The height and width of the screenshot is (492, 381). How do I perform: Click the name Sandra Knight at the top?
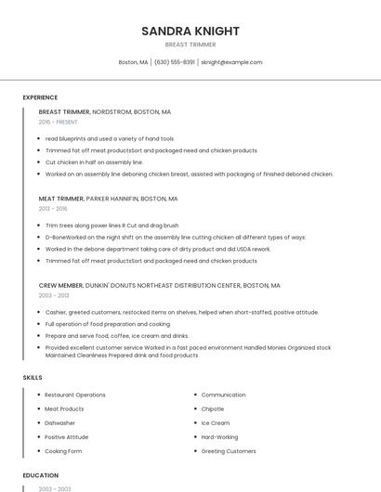tap(190, 31)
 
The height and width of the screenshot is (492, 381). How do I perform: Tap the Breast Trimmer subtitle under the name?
tap(190, 45)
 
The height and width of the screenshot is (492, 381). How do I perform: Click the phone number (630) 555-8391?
tap(174, 62)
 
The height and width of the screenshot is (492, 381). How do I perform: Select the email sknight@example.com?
tap(231, 62)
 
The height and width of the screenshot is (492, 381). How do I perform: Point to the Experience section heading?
tap(40, 97)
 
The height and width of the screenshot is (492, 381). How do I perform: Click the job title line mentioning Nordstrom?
tap(105, 111)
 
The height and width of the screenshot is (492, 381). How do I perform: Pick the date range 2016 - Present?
tap(58, 122)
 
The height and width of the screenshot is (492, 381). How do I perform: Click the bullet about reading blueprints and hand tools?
tap(110, 138)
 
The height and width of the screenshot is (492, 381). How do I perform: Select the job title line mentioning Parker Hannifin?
tap(108, 199)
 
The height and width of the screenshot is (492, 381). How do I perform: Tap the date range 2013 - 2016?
tap(53, 209)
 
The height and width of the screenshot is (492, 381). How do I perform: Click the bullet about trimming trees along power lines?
tap(112, 226)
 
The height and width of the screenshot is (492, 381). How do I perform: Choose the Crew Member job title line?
tap(159, 286)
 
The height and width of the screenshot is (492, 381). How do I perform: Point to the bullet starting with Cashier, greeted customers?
tap(181, 312)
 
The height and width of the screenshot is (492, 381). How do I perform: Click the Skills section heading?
tap(33, 378)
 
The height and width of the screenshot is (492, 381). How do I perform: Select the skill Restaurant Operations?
tap(75, 395)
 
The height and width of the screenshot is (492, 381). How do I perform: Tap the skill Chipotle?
tap(213, 408)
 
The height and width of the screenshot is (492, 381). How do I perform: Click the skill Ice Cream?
tap(215, 422)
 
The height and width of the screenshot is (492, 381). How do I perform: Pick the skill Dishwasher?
tap(60, 422)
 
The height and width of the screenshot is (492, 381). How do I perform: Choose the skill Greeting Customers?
tap(229, 451)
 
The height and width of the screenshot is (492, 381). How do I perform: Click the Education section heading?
tap(40, 475)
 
